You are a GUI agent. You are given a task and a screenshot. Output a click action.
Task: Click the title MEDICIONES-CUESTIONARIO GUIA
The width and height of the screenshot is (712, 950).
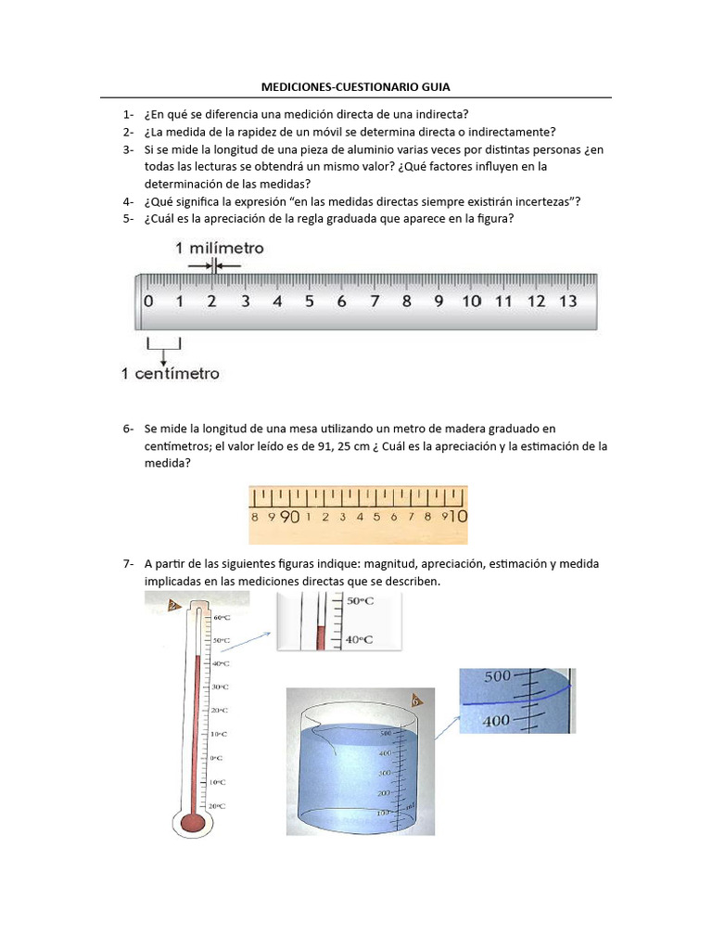coord(356,86)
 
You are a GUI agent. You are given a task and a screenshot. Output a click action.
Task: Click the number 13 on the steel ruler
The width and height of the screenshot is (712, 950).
coord(568,301)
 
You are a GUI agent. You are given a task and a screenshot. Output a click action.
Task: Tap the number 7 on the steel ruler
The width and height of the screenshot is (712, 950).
coord(374,301)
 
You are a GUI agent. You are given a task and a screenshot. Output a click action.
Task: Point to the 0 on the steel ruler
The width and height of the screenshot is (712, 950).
coord(148,301)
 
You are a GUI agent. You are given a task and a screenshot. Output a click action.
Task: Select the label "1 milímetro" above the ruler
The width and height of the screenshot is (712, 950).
coord(220,248)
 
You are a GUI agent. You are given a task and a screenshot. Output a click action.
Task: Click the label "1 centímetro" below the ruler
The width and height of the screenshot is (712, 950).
coord(171,374)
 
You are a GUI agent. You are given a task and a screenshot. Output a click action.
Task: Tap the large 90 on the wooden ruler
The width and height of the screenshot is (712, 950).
coord(288,517)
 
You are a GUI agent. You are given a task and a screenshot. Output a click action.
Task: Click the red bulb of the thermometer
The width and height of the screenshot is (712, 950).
coord(193,820)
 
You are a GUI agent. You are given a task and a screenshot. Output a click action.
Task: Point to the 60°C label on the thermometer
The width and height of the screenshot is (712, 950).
coord(222,617)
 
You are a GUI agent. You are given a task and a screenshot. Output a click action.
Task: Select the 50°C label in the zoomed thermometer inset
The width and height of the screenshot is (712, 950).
coord(334,601)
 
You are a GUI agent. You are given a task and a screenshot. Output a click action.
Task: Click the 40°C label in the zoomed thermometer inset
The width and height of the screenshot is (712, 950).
coord(334,639)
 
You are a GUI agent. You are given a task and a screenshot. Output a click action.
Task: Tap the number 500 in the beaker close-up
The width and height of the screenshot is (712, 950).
coord(497,676)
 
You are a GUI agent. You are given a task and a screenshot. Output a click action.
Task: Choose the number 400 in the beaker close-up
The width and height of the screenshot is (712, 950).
coord(497,720)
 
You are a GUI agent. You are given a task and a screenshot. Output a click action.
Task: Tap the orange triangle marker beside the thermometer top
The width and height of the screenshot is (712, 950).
coord(173,606)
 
